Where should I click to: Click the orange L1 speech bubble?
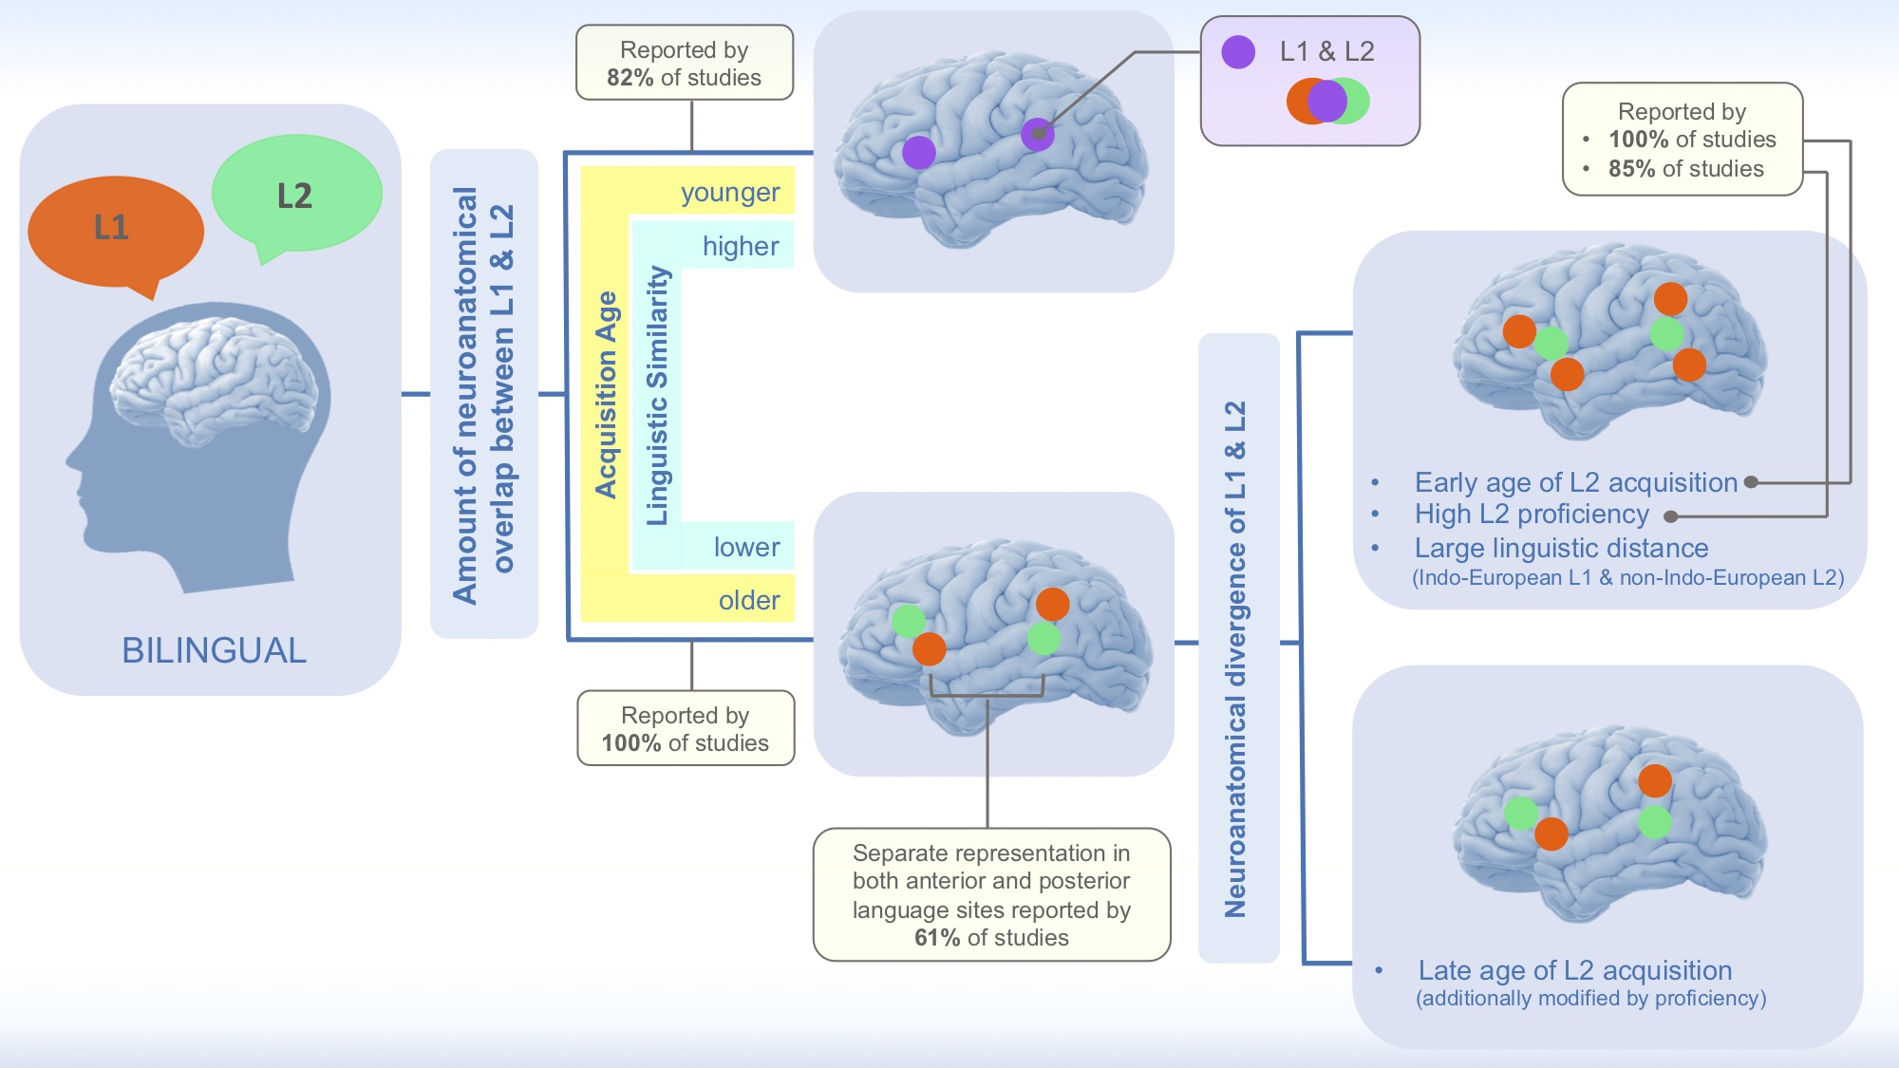tap(114, 230)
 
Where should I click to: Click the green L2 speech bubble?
tap(295, 196)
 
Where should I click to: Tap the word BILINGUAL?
tap(214, 651)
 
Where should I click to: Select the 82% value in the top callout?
tap(630, 78)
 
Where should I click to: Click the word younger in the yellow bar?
tap(729, 193)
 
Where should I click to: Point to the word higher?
tap(740, 247)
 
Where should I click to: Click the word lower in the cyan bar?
tap(746, 548)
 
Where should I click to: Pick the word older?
tap(748, 601)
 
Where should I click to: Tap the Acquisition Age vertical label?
tap(606, 394)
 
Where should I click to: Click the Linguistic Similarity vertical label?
tap(657, 395)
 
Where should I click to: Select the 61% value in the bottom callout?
tap(936, 938)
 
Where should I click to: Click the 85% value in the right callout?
tap(1637, 169)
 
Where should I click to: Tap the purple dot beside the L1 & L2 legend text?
tap(1238, 52)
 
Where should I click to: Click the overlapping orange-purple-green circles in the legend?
tap(1327, 101)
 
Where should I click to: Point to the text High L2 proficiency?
tap(1532, 515)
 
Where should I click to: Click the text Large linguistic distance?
tap(1561, 549)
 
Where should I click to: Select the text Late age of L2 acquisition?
tap(1574, 970)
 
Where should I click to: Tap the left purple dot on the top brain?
tap(918, 152)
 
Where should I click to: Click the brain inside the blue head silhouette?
tap(214, 380)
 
